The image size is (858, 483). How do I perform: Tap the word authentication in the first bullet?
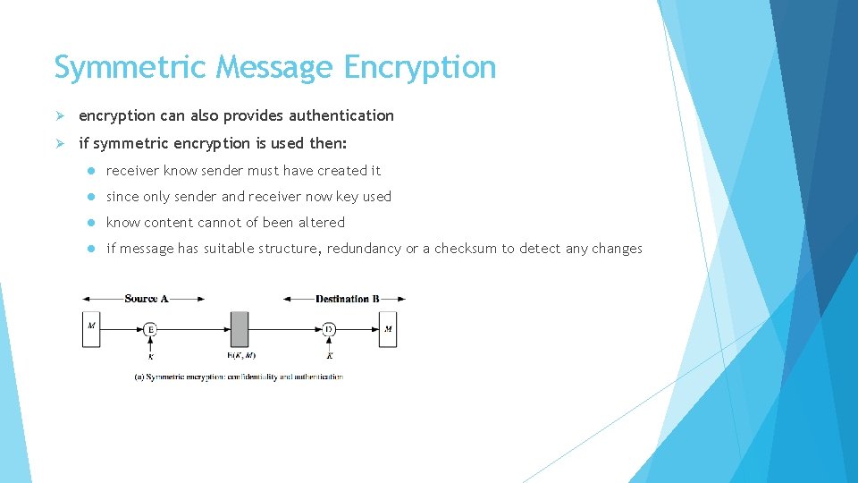pyautogui.click(x=338, y=115)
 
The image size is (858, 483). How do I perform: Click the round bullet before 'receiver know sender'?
pyautogui.click(x=91, y=171)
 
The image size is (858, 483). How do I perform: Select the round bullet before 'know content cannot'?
pyautogui.click(x=91, y=223)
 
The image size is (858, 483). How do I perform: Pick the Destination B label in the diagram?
pyautogui.click(x=343, y=299)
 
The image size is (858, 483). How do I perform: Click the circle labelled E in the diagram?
pyautogui.click(x=150, y=329)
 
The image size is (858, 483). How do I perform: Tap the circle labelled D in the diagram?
pyautogui.click(x=329, y=329)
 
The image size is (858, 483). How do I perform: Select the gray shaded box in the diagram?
pyautogui.click(x=240, y=329)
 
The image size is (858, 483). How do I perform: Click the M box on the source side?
pyautogui.click(x=90, y=329)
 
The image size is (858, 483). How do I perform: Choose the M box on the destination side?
pyautogui.click(x=388, y=329)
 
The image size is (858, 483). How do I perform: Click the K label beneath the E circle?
pyautogui.click(x=150, y=356)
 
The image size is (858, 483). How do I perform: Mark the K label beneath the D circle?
pyautogui.click(x=329, y=356)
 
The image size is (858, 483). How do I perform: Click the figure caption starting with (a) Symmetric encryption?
pyautogui.click(x=239, y=377)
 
